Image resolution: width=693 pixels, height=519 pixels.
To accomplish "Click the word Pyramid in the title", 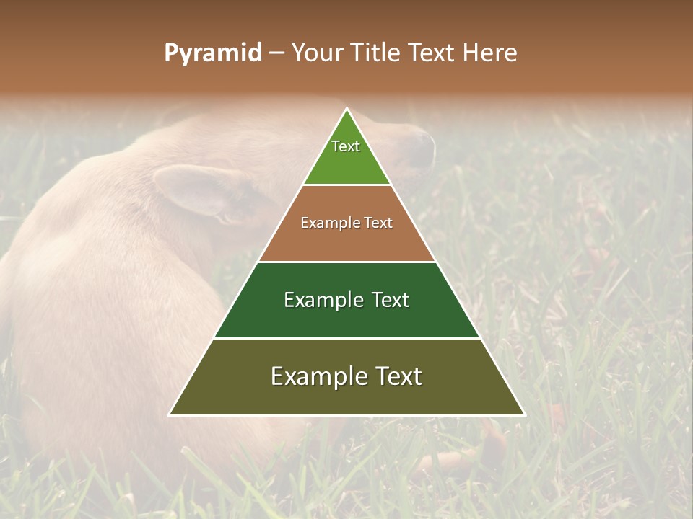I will click(x=212, y=53).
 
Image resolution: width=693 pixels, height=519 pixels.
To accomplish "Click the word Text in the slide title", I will click(x=432, y=53).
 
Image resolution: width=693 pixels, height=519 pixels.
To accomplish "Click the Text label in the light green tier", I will click(x=346, y=146).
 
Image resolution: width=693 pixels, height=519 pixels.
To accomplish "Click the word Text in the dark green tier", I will click(x=391, y=300).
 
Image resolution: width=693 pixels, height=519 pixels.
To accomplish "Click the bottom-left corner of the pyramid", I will click(x=170, y=414).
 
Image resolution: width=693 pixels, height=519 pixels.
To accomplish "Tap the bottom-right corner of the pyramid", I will click(x=524, y=414).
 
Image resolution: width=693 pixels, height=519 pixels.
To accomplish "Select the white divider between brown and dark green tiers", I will click(x=347, y=262).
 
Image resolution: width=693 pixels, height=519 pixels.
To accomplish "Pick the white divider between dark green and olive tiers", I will click(x=347, y=338).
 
